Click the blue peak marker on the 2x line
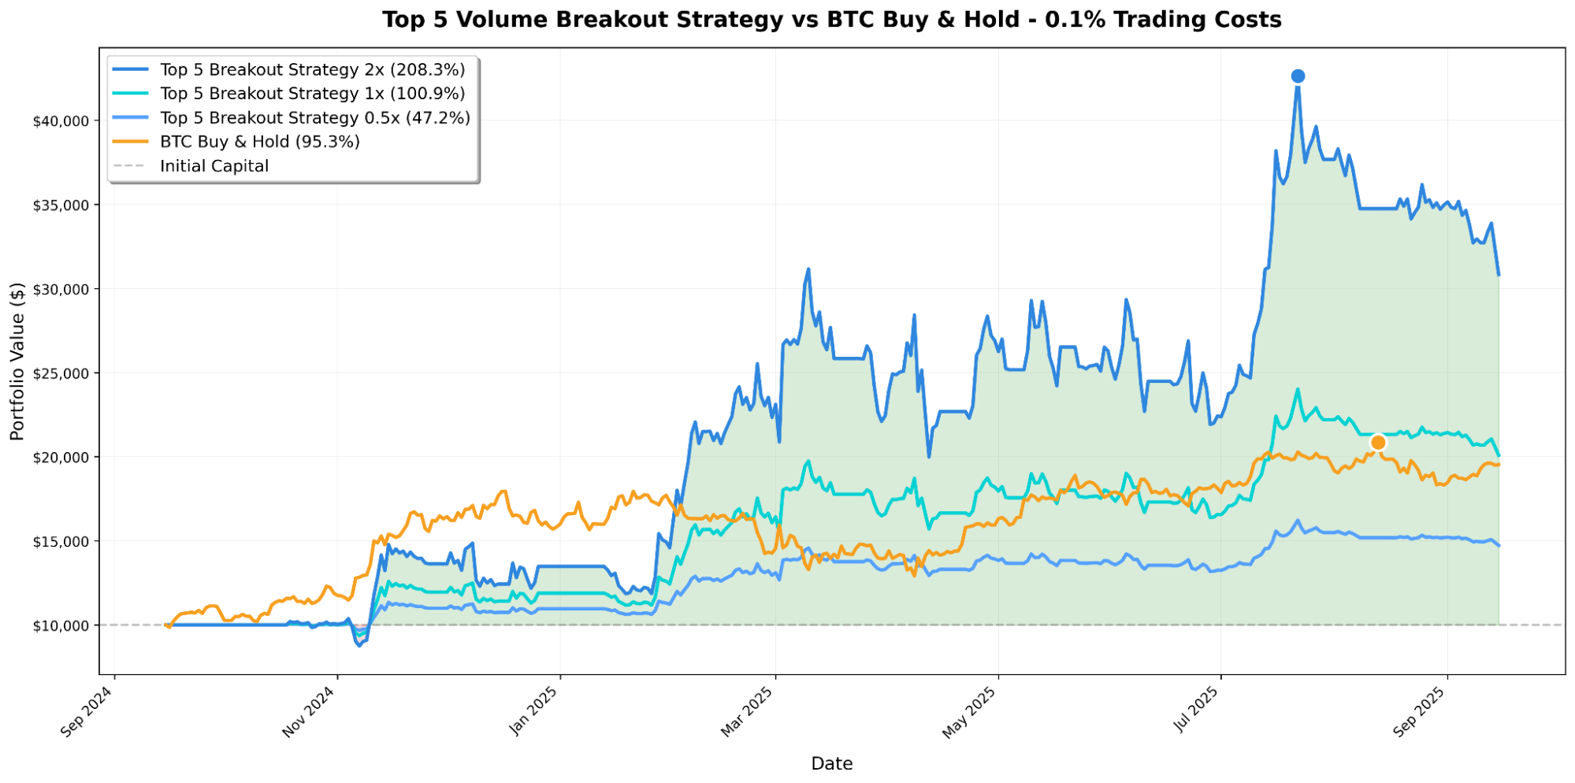click(x=1298, y=76)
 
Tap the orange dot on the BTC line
click(x=1378, y=443)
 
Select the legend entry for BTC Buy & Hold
click(x=259, y=142)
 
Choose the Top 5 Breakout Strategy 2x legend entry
click(x=312, y=70)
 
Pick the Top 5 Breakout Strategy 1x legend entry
click(x=312, y=94)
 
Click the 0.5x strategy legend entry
click(x=314, y=118)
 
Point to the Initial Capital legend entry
click(x=214, y=166)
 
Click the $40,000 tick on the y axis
click(x=61, y=121)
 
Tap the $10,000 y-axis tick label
click(x=61, y=626)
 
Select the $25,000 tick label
click(x=61, y=373)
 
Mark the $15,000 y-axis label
click(x=61, y=542)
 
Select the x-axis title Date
click(x=831, y=763)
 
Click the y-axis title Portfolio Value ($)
click(x=17, y=361)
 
